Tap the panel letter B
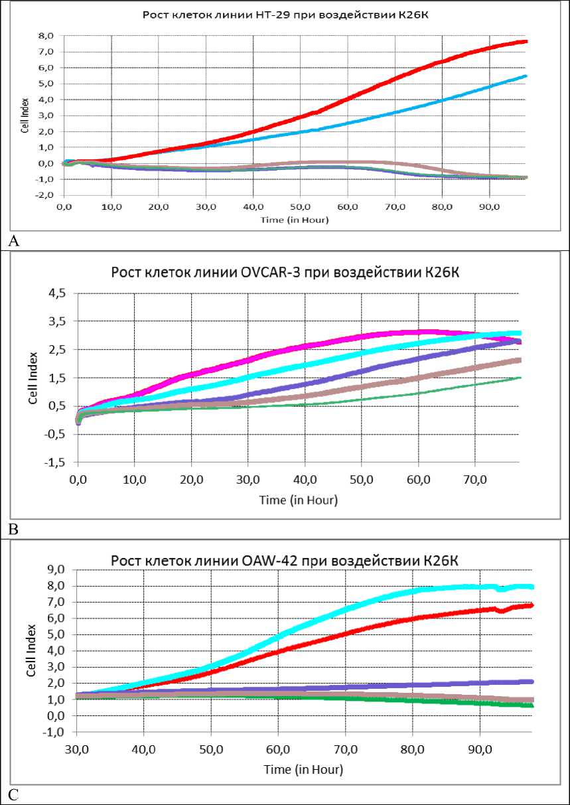point(14,529)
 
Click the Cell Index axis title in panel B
point(33,378)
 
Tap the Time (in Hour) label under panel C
point(303,770)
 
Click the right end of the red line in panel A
point(526,42)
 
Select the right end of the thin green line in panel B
point(520,378)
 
